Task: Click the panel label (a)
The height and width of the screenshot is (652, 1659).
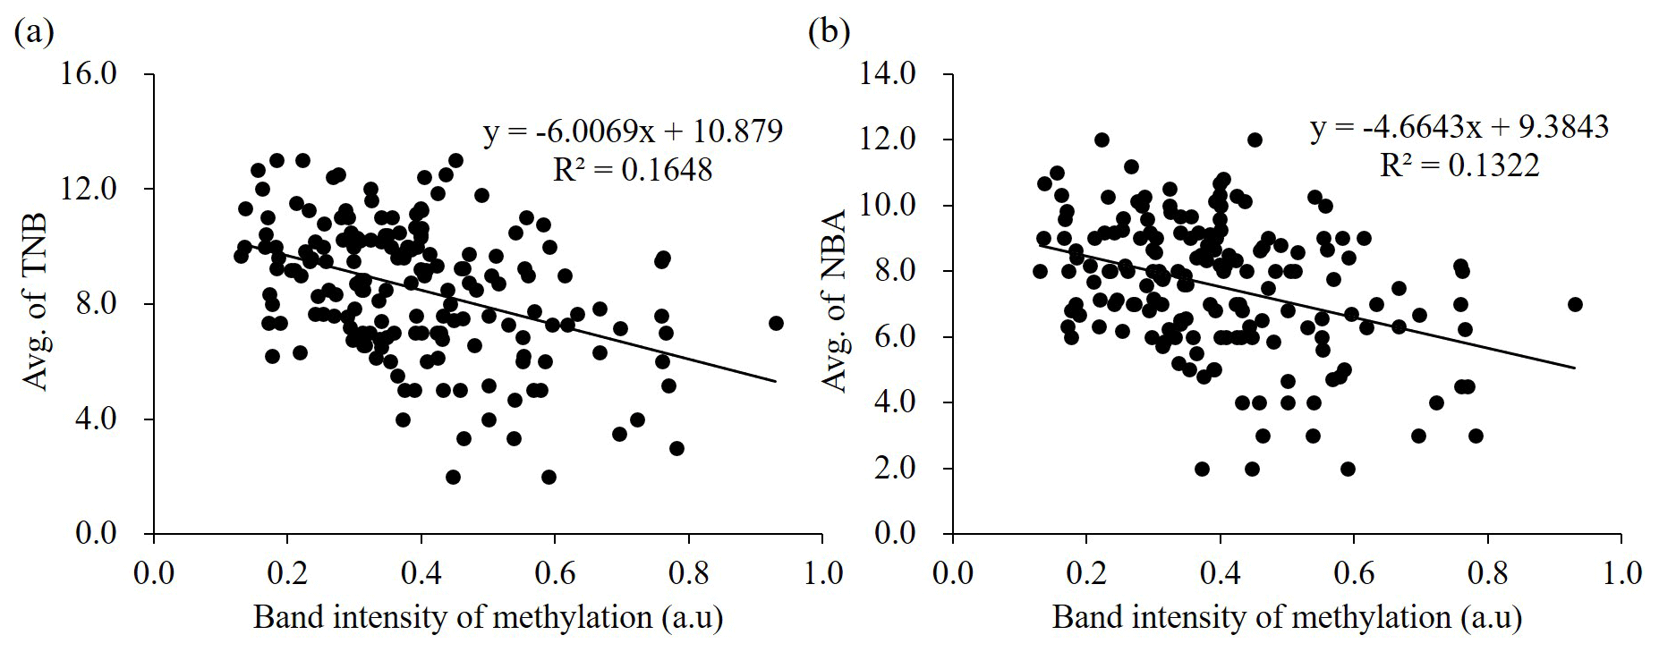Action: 35,33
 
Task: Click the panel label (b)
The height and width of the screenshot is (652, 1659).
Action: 829,33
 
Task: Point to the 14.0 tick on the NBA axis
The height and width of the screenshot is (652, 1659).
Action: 888,74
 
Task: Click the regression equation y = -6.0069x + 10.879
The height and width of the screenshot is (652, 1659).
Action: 633,131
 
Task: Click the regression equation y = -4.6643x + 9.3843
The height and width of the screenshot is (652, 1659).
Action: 1459,128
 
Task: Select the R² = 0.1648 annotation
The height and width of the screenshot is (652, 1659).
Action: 633,169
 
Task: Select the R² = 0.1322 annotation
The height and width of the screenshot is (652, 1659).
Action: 1459,165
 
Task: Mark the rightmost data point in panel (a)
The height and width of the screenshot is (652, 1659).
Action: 776,323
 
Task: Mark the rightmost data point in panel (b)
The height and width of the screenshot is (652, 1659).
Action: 1575,304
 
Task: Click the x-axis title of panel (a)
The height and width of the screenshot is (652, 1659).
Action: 488,618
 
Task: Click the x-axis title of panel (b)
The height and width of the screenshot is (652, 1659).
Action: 1287,618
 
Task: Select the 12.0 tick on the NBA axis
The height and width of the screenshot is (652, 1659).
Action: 888,140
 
